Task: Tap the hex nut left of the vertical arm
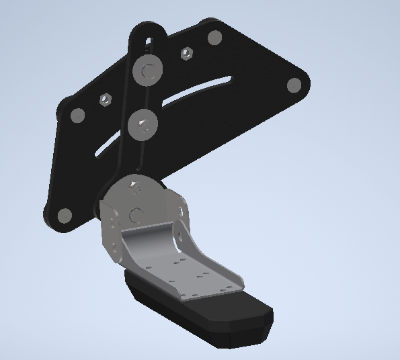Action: [105, 100]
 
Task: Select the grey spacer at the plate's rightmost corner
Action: [294, 85]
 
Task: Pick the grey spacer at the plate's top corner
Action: [214, 37]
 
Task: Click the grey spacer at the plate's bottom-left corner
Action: [64, 216]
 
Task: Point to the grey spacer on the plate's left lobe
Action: [77, 116]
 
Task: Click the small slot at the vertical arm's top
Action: [147, 42]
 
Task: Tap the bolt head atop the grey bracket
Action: [135, 185]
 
